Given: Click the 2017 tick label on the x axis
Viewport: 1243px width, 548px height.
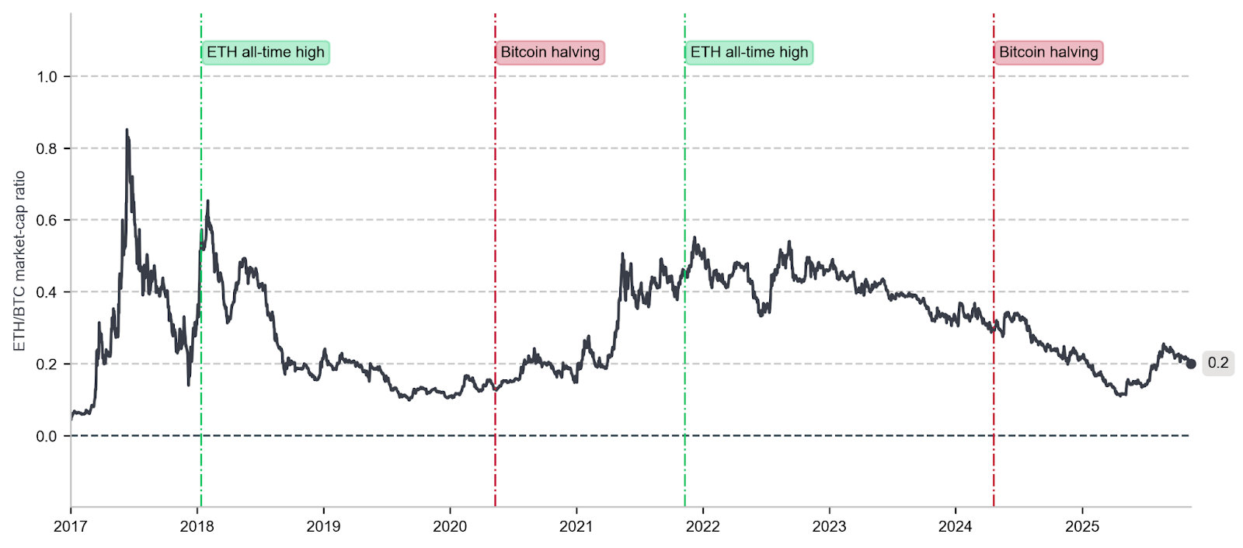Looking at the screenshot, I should pyautogui.click(x=70, y=526).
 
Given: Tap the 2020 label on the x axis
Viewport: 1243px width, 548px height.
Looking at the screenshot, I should pyautogui.click(x=450, y=526).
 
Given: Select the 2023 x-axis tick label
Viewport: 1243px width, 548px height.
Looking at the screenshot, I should pyautogui.click(x=829, y=526).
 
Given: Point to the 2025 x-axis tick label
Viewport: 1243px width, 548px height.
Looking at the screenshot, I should pyautogui.click(x=1082, y=526).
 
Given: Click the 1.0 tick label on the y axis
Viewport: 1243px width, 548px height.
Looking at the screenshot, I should pyautogui.click(x=47, y=77).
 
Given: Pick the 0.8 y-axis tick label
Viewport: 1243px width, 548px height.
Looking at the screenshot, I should pyautogui.click(x=47, y=148).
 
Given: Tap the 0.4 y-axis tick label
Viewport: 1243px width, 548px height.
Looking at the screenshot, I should pyautogui.click(x=47, y=292).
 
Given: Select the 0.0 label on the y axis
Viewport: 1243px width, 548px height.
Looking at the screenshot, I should pyautogui.click(x=47, y=436).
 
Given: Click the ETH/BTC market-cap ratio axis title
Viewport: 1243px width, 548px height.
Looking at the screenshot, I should pyautogui.click(x=20, y=261).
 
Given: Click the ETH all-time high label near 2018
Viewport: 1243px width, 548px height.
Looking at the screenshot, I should pyautogui.click(x=266, y=53).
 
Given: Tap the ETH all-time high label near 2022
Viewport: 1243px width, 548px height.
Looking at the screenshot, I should pyautogui.click(x=749, y=53).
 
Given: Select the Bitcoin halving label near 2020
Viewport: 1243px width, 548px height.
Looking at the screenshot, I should pyautogui.click(x=550, y=53).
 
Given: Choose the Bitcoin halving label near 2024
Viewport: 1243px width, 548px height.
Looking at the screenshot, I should pyautogui.click(x=1049, y=53).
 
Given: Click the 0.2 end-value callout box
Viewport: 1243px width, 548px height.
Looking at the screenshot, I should pyautogui.click(x=1217, y=363).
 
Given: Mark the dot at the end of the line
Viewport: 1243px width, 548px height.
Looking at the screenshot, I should pyautogui.click(x=1191, y=364).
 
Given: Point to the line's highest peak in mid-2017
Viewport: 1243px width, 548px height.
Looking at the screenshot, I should pyautogui.click(x=127, y=131).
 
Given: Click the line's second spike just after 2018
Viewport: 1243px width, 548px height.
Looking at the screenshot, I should pyautogui.click(x=207, y=202).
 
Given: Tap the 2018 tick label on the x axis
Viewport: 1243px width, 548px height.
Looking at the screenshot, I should pyautogui.click(x=197, y=526).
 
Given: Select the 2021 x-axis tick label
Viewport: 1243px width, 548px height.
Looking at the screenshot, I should pyautogui.click(x=576, y=526).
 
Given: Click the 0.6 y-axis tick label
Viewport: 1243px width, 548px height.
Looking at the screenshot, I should pyautogui.click(x=47, y=220).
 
